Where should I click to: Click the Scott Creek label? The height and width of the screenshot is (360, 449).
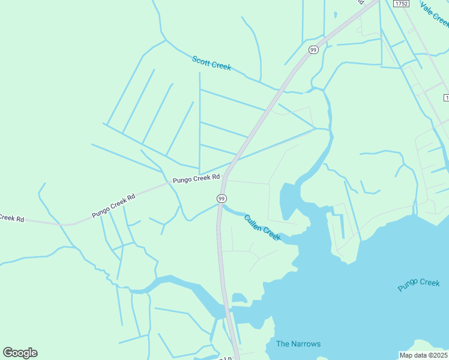[x=211, y=63]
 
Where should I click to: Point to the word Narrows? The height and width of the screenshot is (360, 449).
[x=306, y=344]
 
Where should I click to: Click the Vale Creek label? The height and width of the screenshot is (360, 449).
[x=435, y=14]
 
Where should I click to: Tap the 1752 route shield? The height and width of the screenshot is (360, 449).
[x=401, y=4]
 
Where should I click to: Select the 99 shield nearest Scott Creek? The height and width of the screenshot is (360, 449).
[x=313, y=50]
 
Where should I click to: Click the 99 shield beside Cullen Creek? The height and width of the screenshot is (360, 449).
[x=221, y=198]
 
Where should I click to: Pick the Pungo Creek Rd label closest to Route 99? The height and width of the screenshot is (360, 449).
[x=196, y=179]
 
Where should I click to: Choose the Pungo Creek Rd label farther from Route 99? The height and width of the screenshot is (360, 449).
[x=113, y=205]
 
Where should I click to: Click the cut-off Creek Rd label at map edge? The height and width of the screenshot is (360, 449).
[x=11, y=218]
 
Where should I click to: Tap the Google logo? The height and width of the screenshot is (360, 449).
[x=20, y=353]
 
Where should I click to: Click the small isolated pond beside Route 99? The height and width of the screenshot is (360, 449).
[x=239, y=298]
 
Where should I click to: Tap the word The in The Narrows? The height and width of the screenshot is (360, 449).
[x=283, y=344]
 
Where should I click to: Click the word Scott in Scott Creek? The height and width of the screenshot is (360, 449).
[x=202, y=60]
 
